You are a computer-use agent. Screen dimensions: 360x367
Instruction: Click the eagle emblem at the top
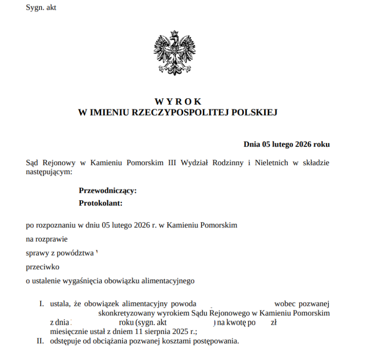point(174,53)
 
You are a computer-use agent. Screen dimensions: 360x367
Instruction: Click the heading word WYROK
point(178,102)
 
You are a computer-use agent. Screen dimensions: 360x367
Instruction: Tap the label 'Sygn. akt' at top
point(41,8)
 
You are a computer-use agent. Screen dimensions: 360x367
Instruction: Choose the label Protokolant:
point(100,203)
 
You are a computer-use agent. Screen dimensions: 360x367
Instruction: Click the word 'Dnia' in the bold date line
point(252,145)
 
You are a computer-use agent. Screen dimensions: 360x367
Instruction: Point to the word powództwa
point(77,253)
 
